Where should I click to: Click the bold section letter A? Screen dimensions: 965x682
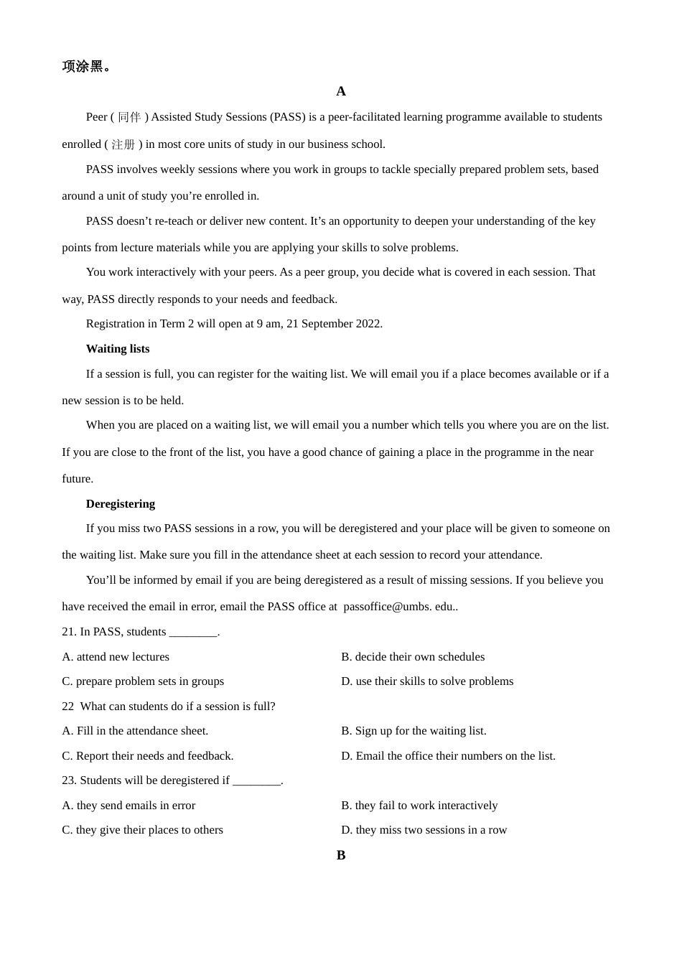341,91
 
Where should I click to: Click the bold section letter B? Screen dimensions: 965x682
341,855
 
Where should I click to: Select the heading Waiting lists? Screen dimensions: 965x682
118,349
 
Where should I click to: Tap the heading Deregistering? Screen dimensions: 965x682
121,504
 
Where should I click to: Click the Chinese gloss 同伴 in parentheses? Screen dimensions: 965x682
129,117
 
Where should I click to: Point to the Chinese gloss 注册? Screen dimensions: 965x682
123,144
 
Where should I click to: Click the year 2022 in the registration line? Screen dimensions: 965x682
368,324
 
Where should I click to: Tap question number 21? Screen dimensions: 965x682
69,632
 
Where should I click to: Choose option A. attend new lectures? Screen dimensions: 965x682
116,657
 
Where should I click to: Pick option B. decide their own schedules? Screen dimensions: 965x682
413,657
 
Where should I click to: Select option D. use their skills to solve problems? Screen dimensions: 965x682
427,681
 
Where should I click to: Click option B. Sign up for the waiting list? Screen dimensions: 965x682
414,731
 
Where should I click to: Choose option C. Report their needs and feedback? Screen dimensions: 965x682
148,756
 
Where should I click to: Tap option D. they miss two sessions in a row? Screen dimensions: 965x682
424,830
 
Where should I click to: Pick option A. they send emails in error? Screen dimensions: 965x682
129,806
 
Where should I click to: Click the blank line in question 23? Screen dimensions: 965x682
256,781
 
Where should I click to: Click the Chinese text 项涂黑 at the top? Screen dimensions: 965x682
83,67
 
